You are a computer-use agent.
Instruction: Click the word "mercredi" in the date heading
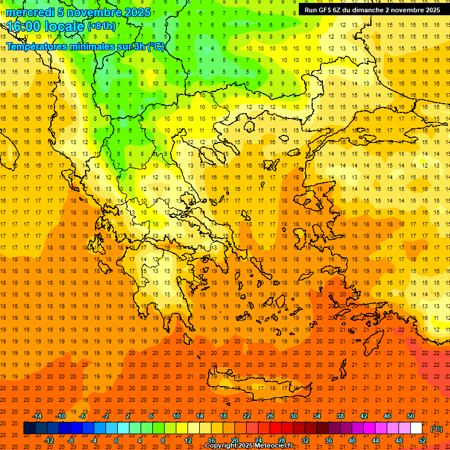click(x=30, y=12)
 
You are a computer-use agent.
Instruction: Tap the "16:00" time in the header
click(x=25, y=26)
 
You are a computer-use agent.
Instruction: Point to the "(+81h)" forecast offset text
click(x=101, y=26)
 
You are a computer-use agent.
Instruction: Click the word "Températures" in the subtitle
click(x=37, y=46)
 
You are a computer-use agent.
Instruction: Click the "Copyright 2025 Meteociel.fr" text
click(x=248, y=446)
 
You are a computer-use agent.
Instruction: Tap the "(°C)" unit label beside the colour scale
click(x=437, y=429)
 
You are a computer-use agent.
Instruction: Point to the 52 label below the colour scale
click(x=422, y=441)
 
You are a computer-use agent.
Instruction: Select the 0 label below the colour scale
click(x=116, y=441)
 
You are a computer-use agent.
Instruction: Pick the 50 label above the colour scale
click(x=411, y=416)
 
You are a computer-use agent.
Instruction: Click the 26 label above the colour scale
click(x=270, y=416)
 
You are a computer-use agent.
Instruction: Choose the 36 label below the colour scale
click(x=329, y=441)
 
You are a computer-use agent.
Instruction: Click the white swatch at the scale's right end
click(x=417, y=428)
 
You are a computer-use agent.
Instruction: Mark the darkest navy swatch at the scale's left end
click(x=29, y=428)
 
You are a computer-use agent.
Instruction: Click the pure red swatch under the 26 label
click(x=275, y=428)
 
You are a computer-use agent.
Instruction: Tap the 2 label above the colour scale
click(x=128, y=416)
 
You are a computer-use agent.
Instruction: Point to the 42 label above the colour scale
click(x=364, y=416)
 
